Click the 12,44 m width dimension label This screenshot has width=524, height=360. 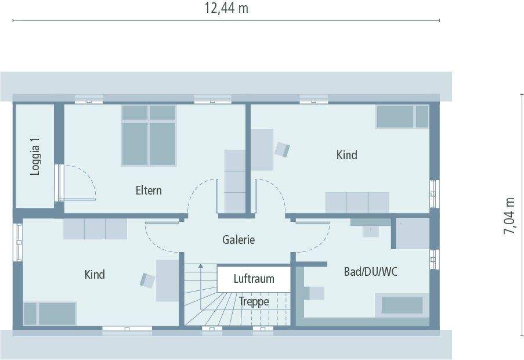pyautogui.click(x=226, y=8)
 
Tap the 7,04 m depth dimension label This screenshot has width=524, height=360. pyautogui.click(x=509, y=215)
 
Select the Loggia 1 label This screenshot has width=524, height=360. pyautogui.click(x=36, y=156)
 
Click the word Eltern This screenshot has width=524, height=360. pyautogui.click(x=149, y=190)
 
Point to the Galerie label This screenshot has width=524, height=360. pyautogui.click(x=238, y=239)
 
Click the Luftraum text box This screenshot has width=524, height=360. pyautogui.click(x=254, y=279)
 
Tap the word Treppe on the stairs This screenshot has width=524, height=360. pyautogui.click(x=254, y=301)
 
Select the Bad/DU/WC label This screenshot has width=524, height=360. pyautogui.click(x=370, y=271)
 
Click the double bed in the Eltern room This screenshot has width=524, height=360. pyautogui.click(x=149, y=135)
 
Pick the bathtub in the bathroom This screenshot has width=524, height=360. pyautogui.click(x=402, y=305)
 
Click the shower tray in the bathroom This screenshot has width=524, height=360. pyautogui.click(x=413, y=233)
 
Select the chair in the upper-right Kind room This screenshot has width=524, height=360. pyautogui.click(x=282, y=149)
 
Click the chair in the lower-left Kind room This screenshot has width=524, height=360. pyautogui.click(x=148, y=280)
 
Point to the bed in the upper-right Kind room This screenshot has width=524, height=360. pyautogui.click(x=402, y=117)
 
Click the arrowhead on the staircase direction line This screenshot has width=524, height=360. pyautogui.click(x=201, y=265)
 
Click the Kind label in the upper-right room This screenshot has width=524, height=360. pyautogui.click(x=346, y=155)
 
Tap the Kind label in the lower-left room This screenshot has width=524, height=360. pyautogui.click(x=95, y=274)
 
